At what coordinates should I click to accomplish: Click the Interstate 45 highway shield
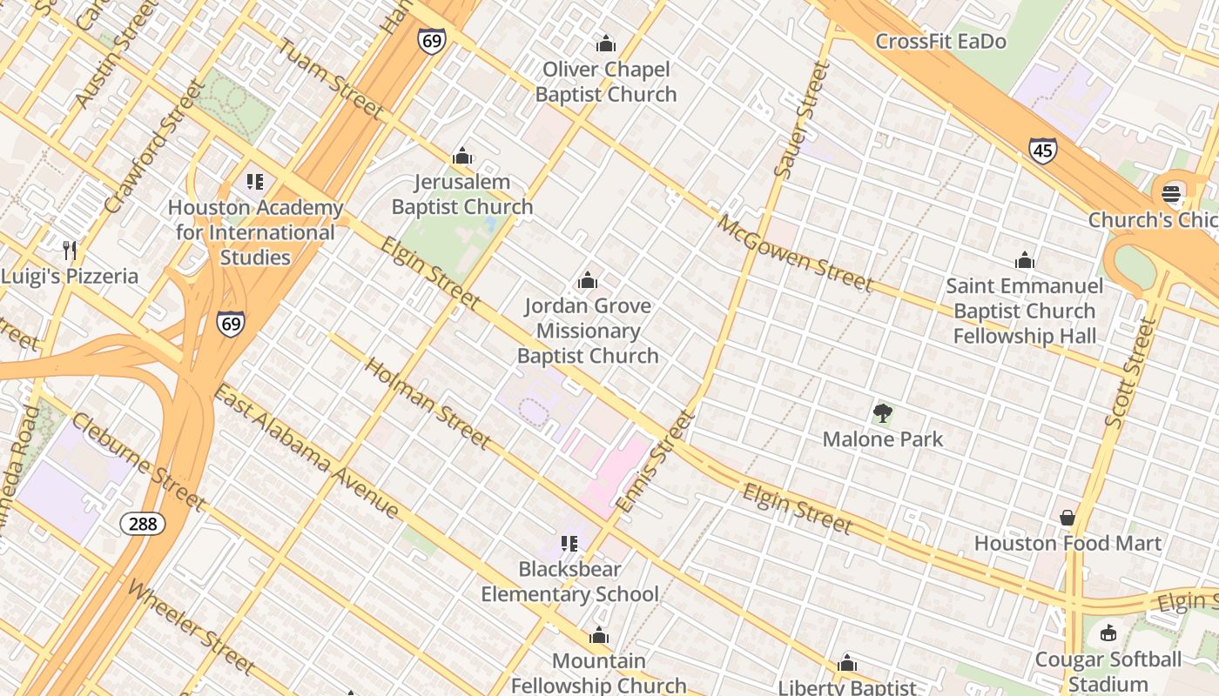point(1042,151)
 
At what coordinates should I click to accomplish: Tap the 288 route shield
point(142,523)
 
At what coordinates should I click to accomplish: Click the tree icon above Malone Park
point(883,413)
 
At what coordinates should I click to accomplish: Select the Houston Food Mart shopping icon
point(1067,518)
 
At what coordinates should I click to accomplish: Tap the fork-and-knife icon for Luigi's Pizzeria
point(71,251)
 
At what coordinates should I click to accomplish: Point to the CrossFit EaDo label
point(940,41)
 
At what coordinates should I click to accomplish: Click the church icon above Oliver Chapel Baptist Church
point(606,43)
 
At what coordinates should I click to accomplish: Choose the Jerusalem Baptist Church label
point(462,194)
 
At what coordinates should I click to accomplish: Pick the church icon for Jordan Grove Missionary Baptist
point(588,280)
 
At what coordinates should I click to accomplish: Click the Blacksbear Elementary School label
point(570,581)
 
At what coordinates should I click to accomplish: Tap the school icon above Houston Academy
point(254,182)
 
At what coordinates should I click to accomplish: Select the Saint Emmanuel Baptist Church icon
point(1025,260)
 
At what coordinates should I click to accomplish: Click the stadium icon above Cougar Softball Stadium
point(1108,633)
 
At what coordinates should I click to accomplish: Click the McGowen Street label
point(794,252)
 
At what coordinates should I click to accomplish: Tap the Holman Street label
point(427,403)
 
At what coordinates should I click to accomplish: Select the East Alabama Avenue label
point(306,452)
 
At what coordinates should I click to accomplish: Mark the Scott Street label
point(1130,372)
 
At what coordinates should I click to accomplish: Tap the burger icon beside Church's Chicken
point(1171,194)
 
